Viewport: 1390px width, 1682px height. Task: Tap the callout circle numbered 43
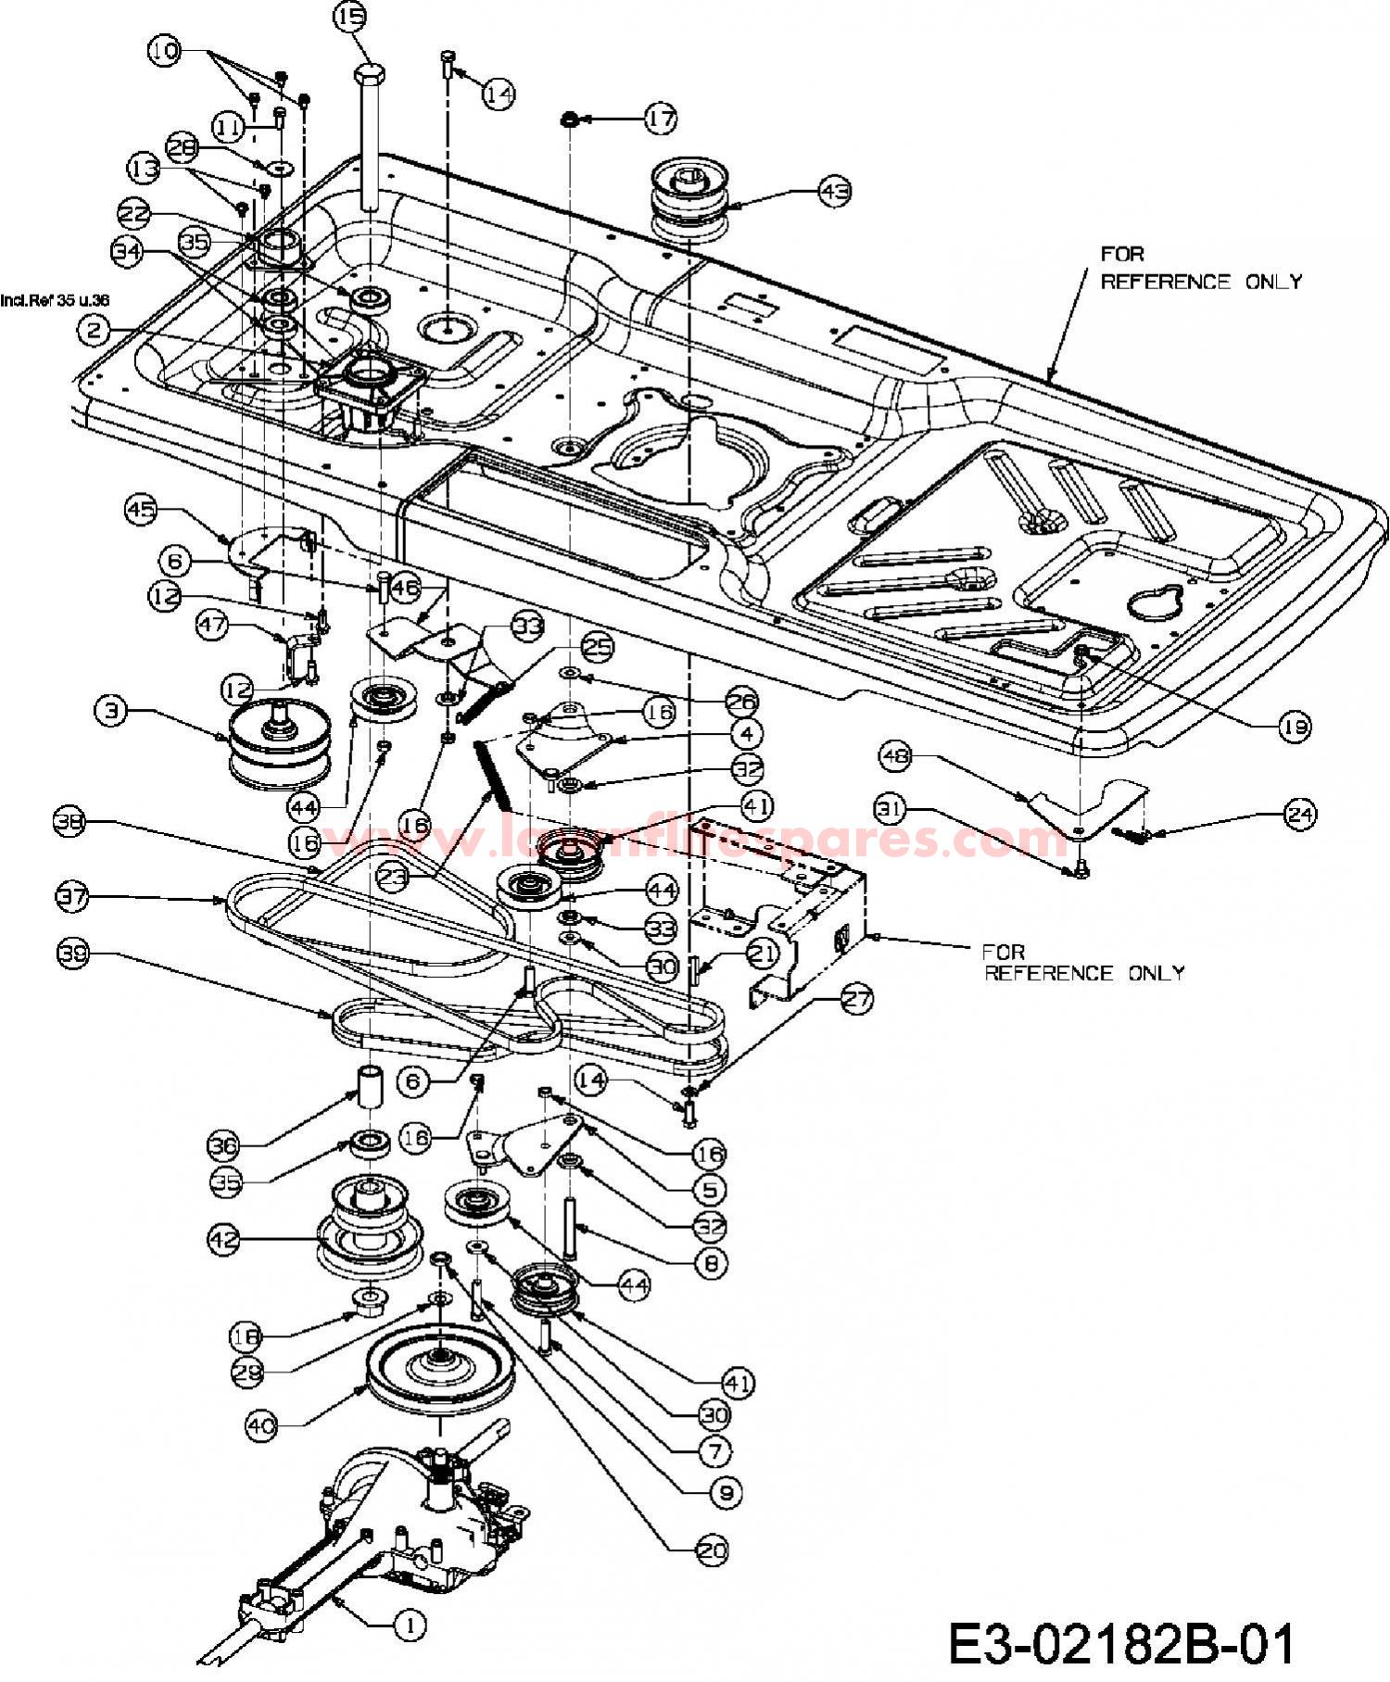tap(834, 191)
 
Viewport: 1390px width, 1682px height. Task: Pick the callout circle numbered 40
tap(262, 1426)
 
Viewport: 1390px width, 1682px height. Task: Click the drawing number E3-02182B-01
tap(1121, 1644)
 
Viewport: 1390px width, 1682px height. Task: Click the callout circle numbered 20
tap(712, 1549)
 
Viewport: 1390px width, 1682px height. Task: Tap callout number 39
tap(74, 954)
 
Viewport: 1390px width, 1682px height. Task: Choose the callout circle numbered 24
tap(1300, 814)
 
